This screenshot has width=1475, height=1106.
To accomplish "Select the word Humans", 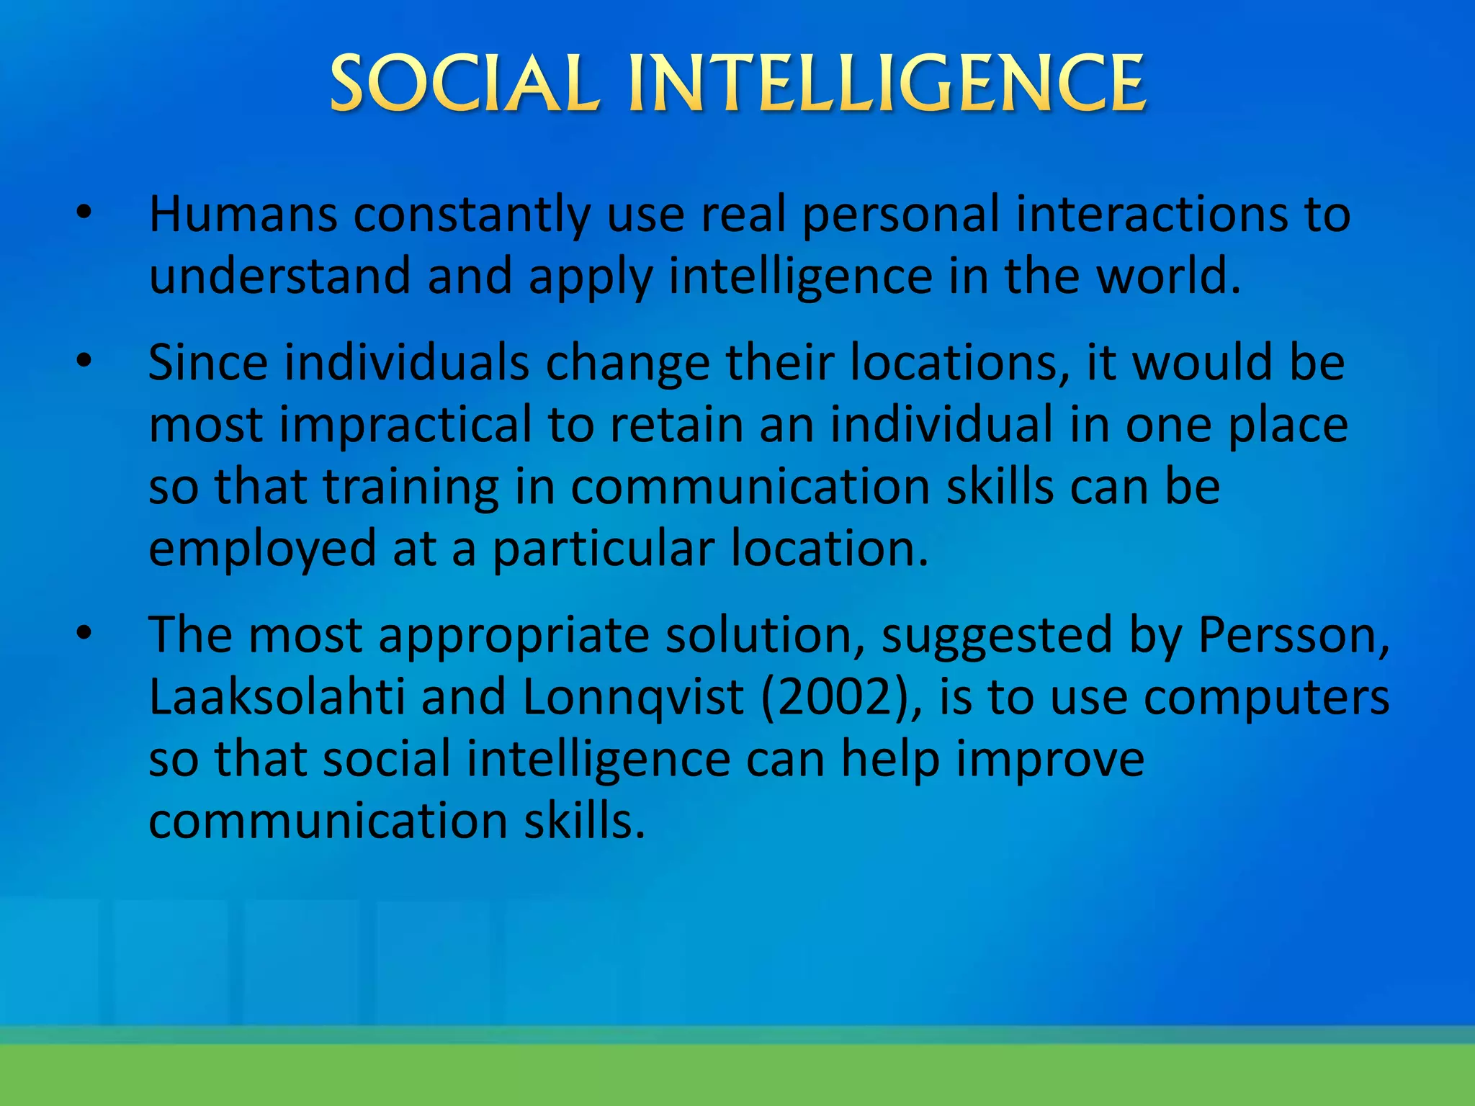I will tap(243, 214).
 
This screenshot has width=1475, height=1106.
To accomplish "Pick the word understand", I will tap(279, 276).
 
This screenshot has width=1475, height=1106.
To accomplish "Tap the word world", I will tap(1168, 276).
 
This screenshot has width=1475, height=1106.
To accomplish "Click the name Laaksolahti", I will tap(277, 697).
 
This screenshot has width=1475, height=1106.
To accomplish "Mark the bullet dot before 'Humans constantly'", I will tap(85, 213).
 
